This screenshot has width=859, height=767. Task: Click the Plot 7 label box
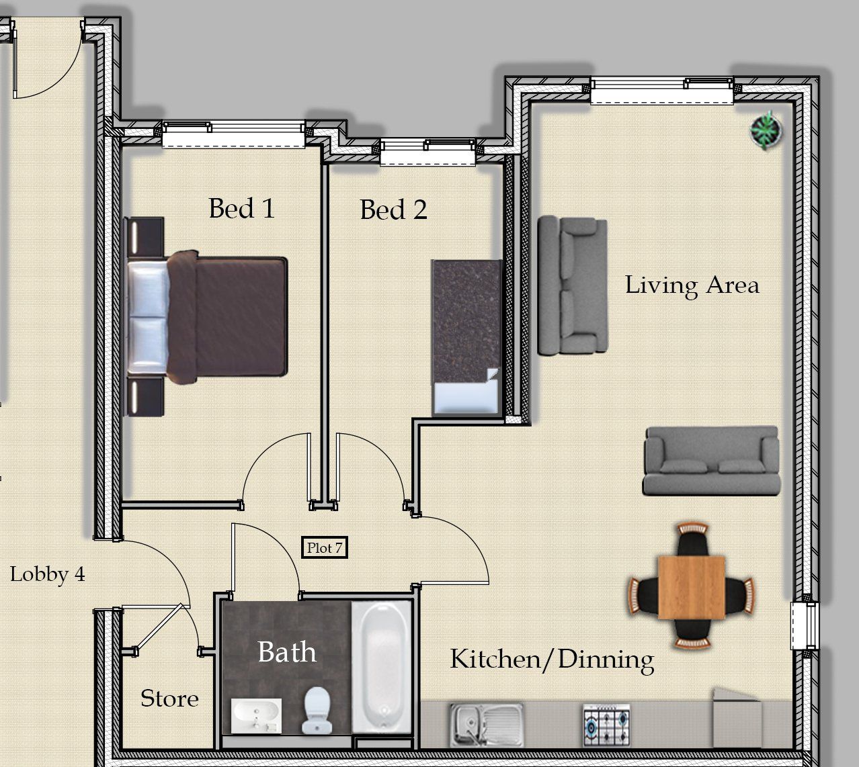coord(325,547)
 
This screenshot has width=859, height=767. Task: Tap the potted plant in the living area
coord(766,130)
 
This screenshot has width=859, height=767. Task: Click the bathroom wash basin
coord(256,715)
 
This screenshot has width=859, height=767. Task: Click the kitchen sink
coord(487,725)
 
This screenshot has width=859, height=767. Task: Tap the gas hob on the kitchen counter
coord(607,725)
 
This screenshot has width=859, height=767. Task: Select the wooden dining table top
coord(692,587)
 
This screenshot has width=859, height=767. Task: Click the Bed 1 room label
coord(242,208)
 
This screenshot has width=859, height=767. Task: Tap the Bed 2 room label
coord(393,210)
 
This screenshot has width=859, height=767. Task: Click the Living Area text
coord(692,285)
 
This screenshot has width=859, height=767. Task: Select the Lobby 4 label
coord(48,575)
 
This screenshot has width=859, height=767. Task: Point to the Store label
coord(169,698)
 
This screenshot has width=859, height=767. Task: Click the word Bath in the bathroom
coord(287,651)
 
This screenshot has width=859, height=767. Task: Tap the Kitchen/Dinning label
coord(552,660)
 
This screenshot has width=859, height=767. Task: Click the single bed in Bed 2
coord(466,338)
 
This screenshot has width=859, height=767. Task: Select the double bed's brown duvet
coord(227,316)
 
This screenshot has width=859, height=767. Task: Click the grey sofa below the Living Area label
coord(711,461)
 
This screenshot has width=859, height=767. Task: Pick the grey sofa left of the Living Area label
coord(573,285)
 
